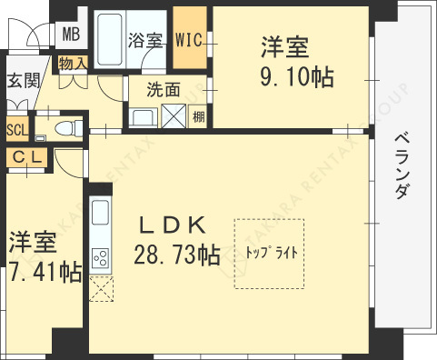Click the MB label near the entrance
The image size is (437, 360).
pyautogui.click(x=70, y=35)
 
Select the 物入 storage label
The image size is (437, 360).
pyautogui.click(x=73, y=64)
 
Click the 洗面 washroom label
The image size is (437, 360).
pyautogui.click(x=163, y=89)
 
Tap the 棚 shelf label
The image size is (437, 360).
pyautogui.click(x=198, y=115)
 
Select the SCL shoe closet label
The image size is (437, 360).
pyautogui.click(x=16, y=128)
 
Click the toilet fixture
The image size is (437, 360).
pyautogui.click(x=65, y=129)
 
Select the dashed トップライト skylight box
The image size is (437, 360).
pyautogui.click(x=269, y=253)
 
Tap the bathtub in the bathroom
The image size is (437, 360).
pyautogui.click(x=111, y=41)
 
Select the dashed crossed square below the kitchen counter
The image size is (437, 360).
pyautogui.click(x=100, y=289)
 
